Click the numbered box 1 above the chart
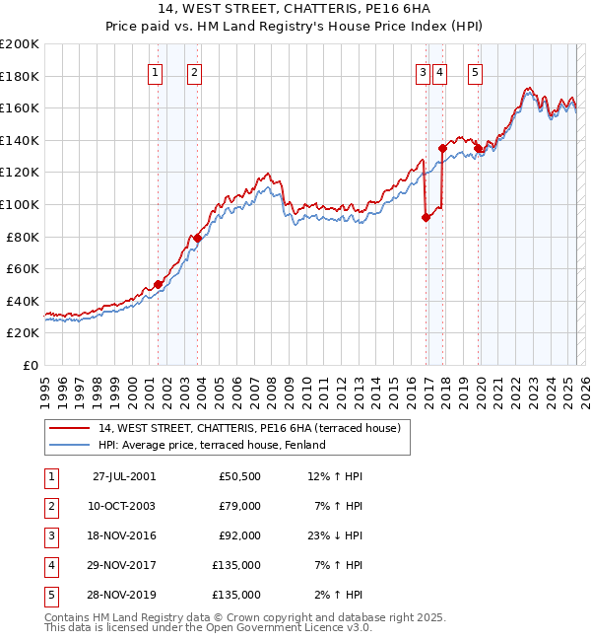click(x=156, y=71)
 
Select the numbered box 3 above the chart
click(x=422, y=71)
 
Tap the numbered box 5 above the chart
click(x=475, y=71)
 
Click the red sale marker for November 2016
click(x=426, y=218)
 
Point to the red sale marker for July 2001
click(x=158, y=284)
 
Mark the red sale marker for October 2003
click(x=197, y=238)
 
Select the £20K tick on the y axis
click(x=24, y=333)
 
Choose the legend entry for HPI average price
click(x=211, y=445)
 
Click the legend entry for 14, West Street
click(x=248, y=429)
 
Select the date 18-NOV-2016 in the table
click(x=123, y=535)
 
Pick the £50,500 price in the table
click(x=239, y=476)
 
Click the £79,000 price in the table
click(x=239, y=506)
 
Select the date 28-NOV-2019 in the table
click(x=123, y=595)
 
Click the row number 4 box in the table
click(x=51, y=565)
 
